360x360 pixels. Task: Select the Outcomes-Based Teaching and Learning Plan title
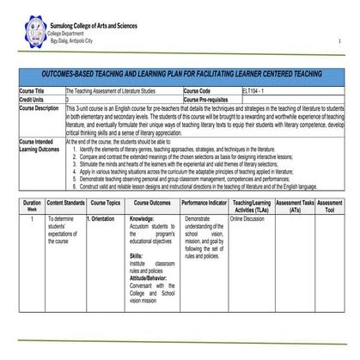click(x=181, y=75)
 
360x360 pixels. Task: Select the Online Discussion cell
click(x=247, y=219)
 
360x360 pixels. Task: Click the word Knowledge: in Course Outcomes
click(x=142, y=219)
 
